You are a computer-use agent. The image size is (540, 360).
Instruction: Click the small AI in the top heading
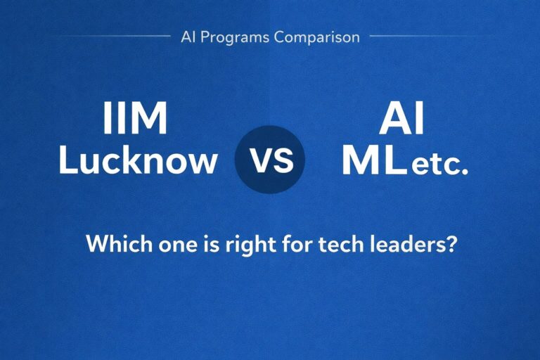point(188,37)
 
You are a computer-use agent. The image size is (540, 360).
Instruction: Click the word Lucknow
point(138,161)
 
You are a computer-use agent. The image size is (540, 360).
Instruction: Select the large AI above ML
point(401,120)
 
